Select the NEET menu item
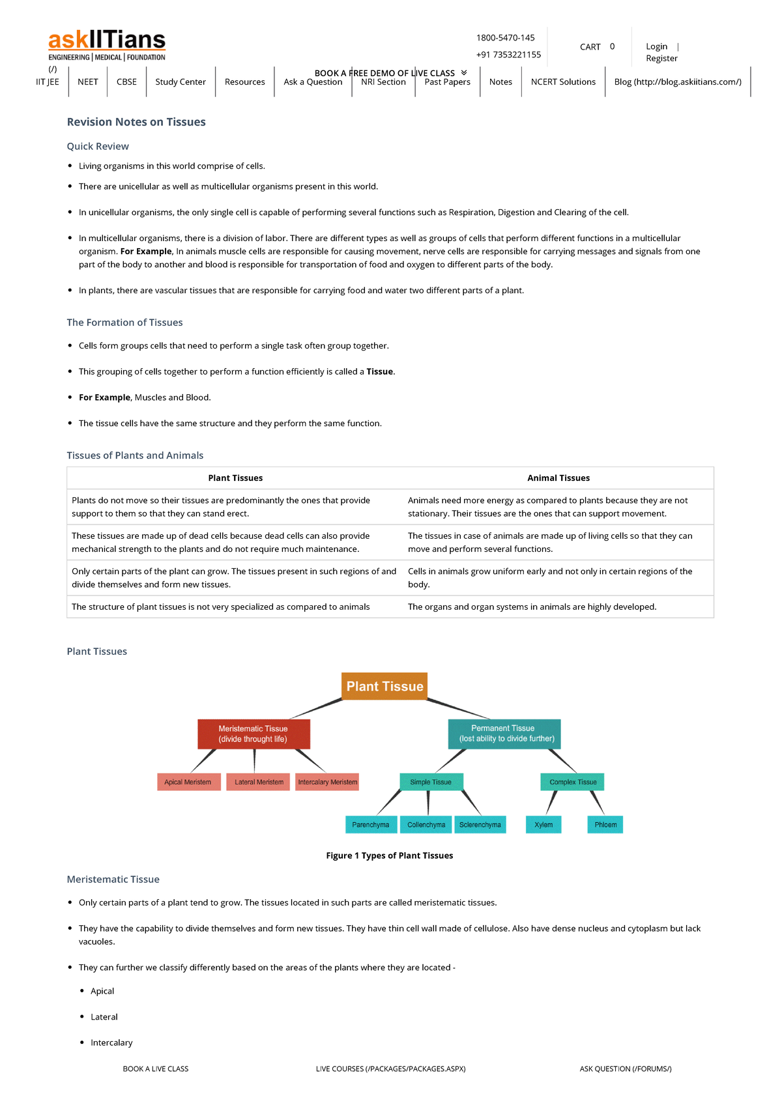(x=87, y=82)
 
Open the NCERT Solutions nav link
(x=563, y=82)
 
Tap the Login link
(x=656, y=46)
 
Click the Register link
(x=661, y=59)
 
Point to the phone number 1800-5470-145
(x=505, y=38)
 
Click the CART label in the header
(x=590, y=47)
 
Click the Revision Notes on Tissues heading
(x=136, y=122)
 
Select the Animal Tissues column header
(x=558, y=478)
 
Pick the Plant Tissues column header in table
(x=235, y=478)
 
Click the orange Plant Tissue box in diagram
(x=384, y=686)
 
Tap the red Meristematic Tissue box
(x=253, y=734)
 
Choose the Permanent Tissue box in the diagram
(x=504, y=734)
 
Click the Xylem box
(x=543, y=825)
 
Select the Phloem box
(x=605, y=825)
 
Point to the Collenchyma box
(x=426, y=825)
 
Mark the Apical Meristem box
(x=188, y=782)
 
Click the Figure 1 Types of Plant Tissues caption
(x=389, y=855)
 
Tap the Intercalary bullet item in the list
(x=111, y=1042)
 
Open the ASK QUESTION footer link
(x=625, y=1069)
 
